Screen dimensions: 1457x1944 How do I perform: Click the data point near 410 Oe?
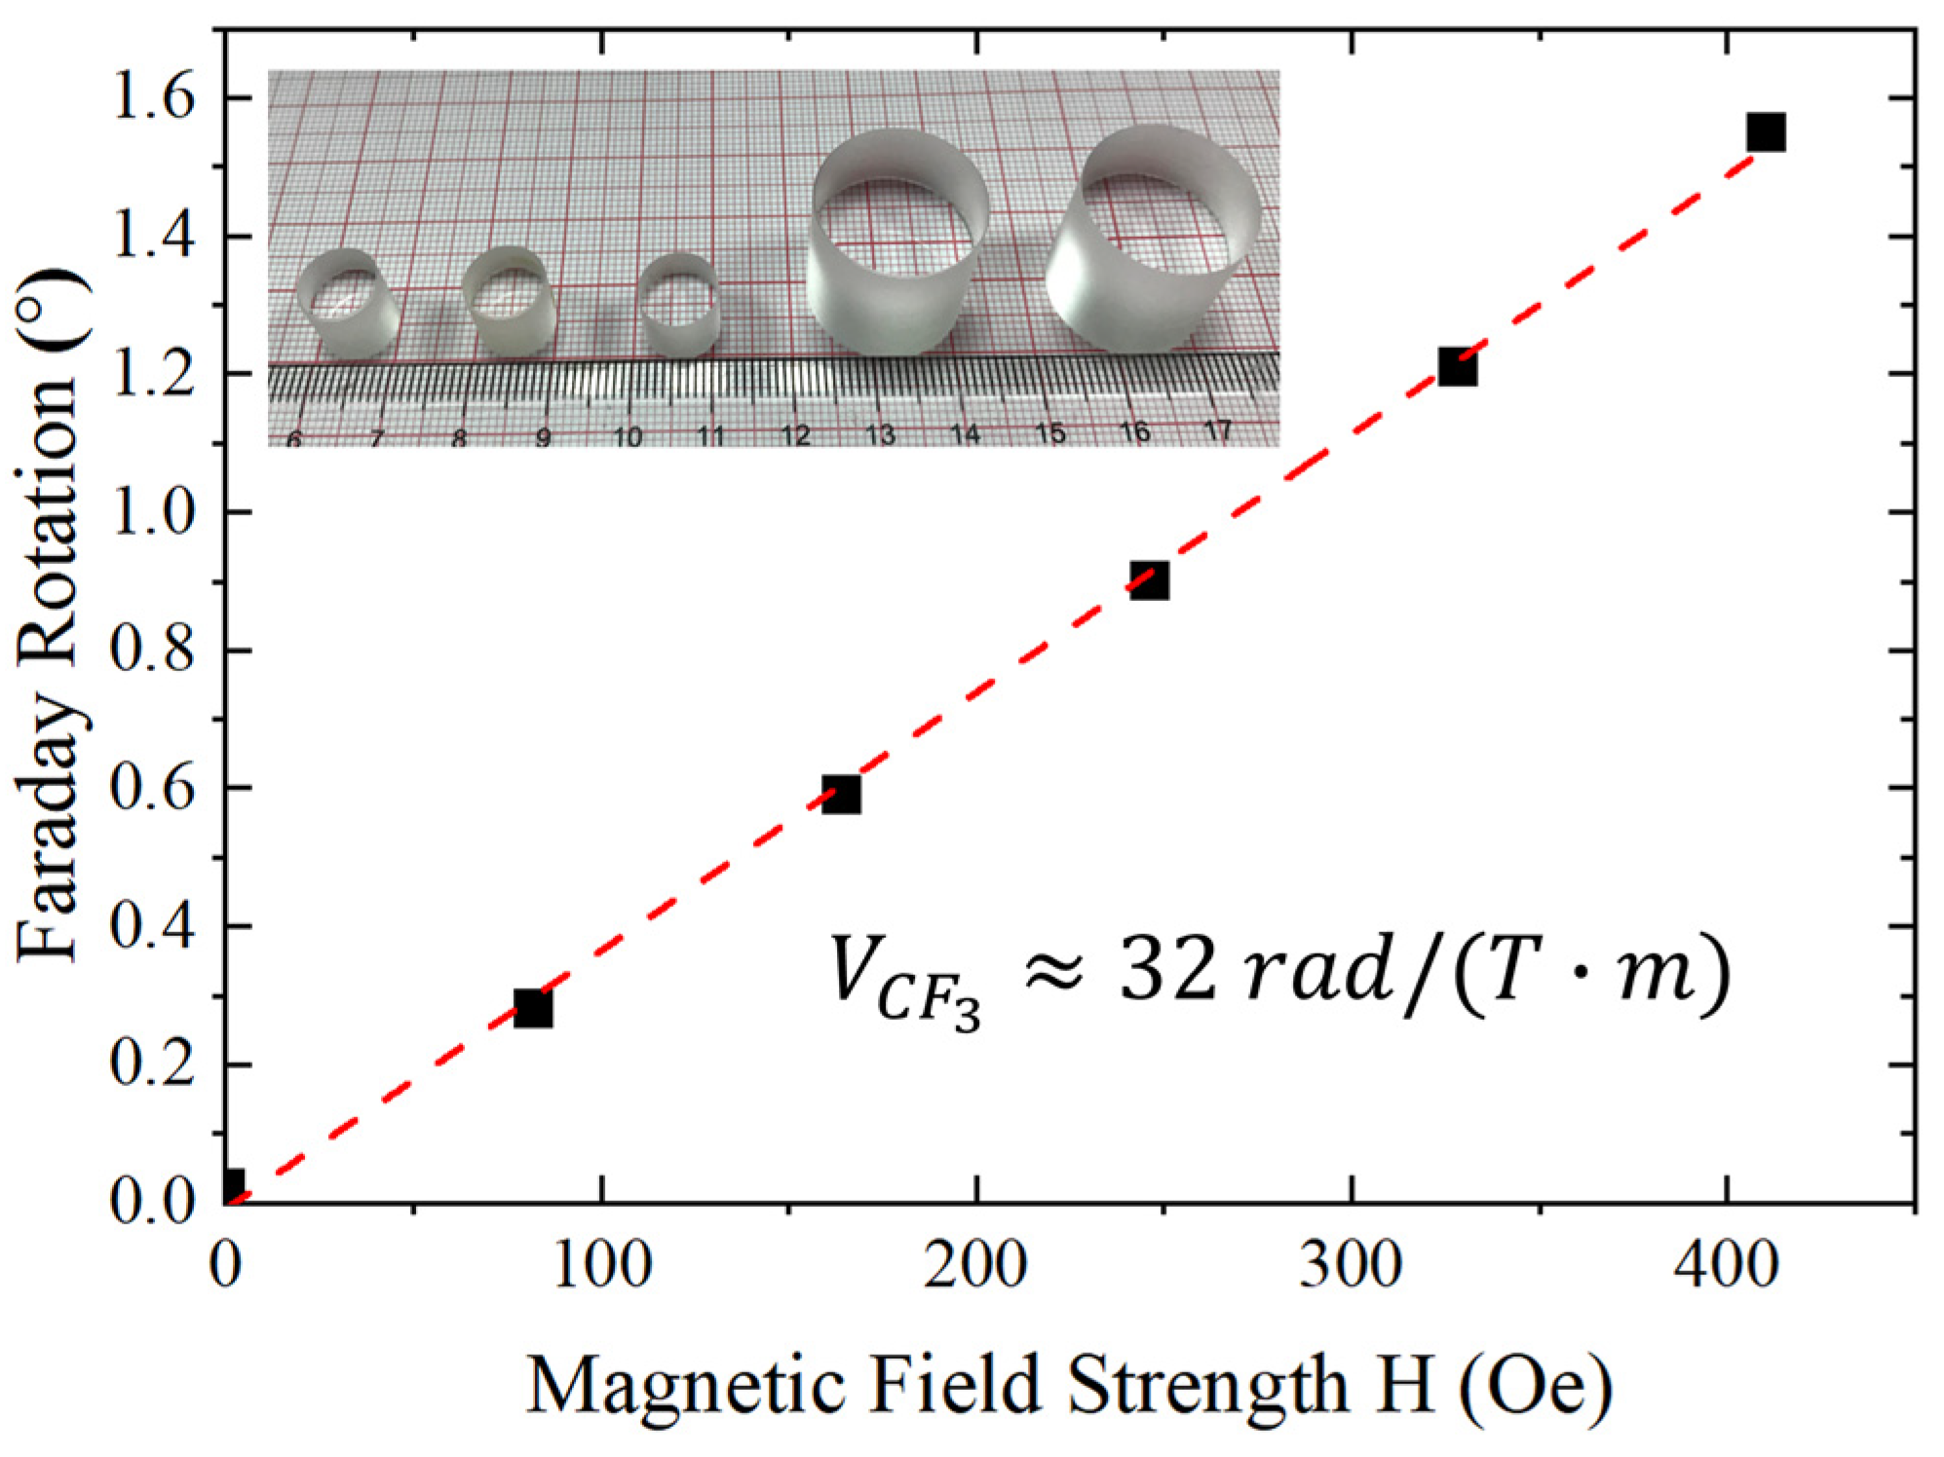point(1765,131)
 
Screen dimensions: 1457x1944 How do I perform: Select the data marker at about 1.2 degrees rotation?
point(1457,367)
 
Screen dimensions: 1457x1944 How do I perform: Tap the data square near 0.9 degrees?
point(1149,580)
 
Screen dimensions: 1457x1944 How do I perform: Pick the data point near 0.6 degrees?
point(841,794)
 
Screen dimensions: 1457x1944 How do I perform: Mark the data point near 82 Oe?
point(533,1008)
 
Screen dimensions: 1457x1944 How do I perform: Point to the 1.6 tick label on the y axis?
point(152,97)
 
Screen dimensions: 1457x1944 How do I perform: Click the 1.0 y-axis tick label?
point(152,512)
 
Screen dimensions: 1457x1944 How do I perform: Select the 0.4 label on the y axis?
point(152,926)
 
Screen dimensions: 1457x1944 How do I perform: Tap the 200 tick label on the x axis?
point(975,1266)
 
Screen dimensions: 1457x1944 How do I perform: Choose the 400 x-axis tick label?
point(1727,1266)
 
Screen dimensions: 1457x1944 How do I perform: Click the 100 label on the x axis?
point(601,1266)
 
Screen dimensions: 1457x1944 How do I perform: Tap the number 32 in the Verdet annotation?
point(1167,970)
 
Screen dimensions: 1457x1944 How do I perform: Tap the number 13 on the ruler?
point(880,434)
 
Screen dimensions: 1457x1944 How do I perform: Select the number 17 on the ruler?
point(1218,430)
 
